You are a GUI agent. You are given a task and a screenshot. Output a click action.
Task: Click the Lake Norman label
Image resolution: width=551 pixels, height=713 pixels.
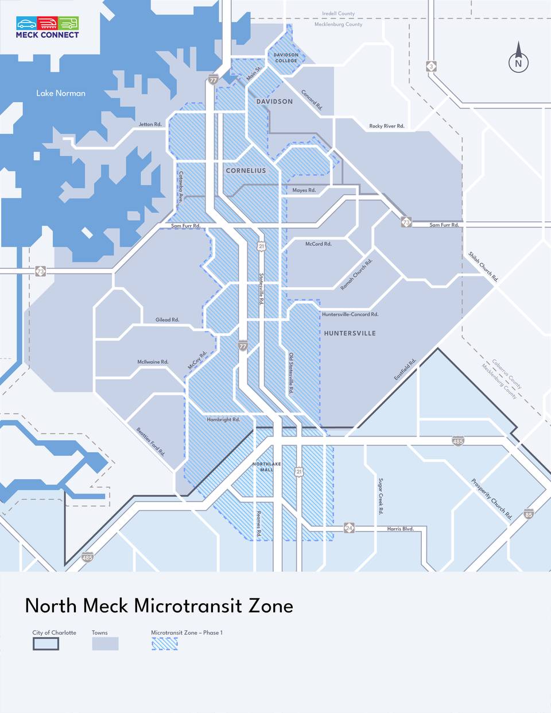coord(61,93)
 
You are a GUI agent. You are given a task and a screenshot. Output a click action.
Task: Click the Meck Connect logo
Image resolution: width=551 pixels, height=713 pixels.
coord(48,27)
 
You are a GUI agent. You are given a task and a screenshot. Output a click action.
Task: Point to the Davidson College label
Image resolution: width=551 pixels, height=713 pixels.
coord(286,57)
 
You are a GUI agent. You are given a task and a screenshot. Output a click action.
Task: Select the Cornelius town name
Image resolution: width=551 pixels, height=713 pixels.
coord(246,171)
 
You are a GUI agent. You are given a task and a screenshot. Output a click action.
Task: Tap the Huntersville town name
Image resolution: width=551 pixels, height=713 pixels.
coord(350,333)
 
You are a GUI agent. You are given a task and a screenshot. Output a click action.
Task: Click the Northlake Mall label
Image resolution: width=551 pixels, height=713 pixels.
coord(267,467)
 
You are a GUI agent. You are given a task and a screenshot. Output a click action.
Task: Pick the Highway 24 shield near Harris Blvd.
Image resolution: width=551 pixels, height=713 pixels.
coord(349,527)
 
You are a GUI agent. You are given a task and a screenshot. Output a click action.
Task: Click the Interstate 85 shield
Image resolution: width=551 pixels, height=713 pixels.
coord(529,514)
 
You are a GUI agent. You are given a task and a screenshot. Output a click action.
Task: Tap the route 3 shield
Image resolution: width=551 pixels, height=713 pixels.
coord(431,67)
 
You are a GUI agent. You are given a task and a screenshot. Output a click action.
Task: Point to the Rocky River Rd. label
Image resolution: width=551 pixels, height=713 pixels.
coord(387,126)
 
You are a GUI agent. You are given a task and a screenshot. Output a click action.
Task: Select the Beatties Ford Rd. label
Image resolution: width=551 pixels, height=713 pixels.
coord(150,441)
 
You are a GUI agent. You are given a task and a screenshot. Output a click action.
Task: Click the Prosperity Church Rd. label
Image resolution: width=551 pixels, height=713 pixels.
coord(491,499)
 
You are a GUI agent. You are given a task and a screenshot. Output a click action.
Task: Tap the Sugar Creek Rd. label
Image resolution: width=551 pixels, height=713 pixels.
coord(381,496)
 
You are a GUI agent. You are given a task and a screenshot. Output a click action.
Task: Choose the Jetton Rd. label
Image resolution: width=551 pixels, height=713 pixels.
coord(150,124)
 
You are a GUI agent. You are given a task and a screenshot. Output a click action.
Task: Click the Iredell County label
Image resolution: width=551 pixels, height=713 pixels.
coord(338,13)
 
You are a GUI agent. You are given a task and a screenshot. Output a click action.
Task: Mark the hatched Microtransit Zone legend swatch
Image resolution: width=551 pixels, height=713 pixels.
coord(165,643)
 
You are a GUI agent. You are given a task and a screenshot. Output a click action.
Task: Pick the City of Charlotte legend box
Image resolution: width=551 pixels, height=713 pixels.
coord(46,643)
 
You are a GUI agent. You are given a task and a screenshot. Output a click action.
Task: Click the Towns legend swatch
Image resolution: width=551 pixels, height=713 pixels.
coord(105,643)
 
